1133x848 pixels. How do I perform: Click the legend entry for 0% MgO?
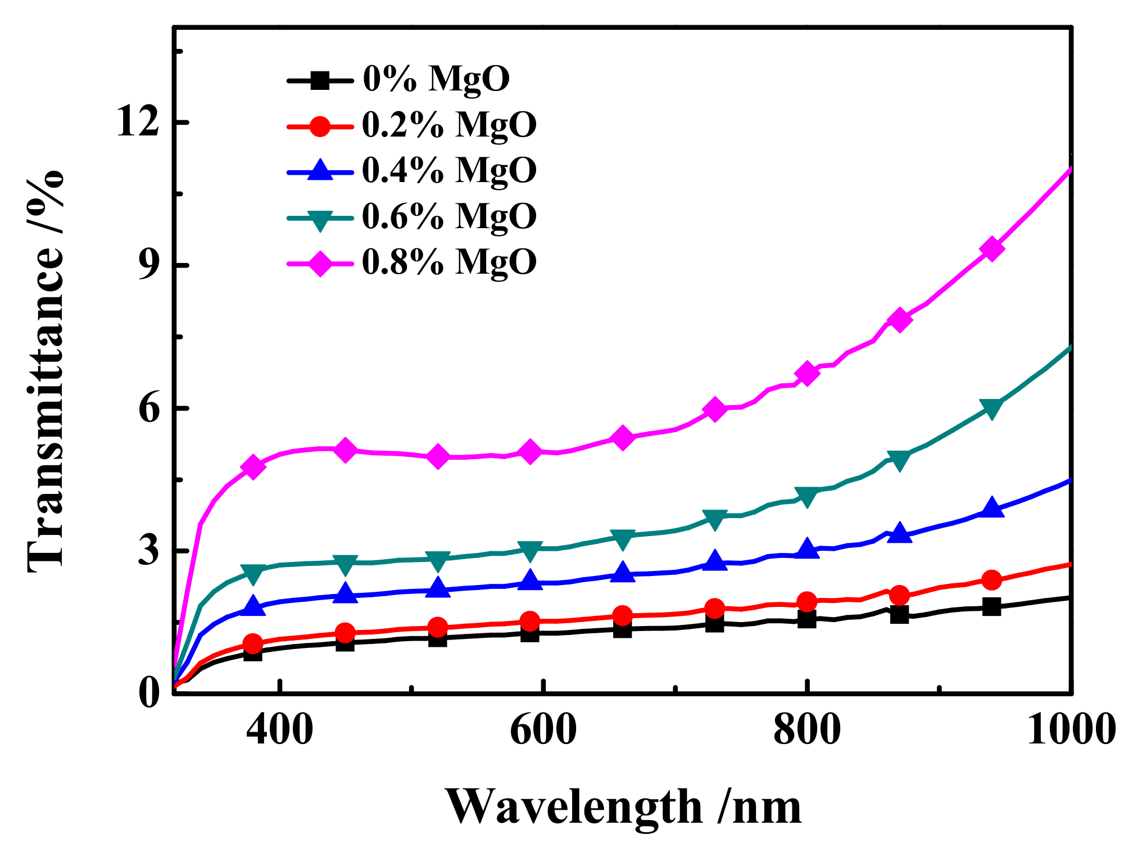coord(436,79)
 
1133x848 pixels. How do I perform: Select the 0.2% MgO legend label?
coord(448,125)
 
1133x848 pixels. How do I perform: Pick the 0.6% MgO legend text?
coord(448,216)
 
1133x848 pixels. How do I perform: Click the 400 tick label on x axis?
coord(279,730)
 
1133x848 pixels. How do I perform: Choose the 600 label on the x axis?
coord(543,730)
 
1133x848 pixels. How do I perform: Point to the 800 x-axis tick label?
coord(806,730)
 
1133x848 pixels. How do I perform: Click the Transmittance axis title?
coord(46,371)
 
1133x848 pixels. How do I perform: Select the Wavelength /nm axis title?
coord(624,806)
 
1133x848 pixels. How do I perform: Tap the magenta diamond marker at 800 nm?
coord(807,374)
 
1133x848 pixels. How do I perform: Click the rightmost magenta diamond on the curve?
coord(992,249)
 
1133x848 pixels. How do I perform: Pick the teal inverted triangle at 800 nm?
coord(807,496)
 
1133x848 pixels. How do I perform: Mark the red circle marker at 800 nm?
coord(807,601)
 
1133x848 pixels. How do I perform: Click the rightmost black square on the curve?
coord(992,606)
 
